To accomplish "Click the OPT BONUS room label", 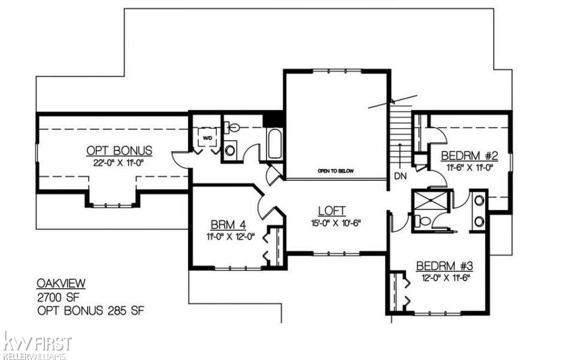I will [x=119, y=150].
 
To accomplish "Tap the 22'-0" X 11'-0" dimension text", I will [x=119, y=162].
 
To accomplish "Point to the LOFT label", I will [x=332, y=210].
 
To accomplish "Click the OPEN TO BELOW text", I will [x=335, y=171].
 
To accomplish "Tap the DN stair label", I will [x=401, y=177].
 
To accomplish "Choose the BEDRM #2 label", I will [x=470, y=156].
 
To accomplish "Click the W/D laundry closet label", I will [x=208, y=137].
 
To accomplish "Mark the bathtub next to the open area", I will [x=275, y=144].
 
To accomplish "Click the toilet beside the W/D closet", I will [x=232, y=128].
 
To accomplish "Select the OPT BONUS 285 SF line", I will [x=90, y=310].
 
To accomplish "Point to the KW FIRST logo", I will [x=37, y=344].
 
